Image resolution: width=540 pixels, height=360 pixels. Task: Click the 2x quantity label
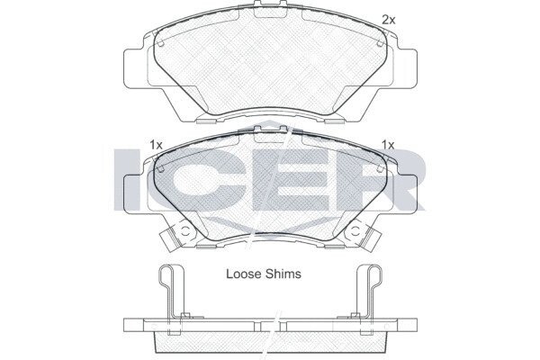tap(389, 21)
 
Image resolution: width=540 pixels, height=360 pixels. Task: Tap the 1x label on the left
tap(156, 145)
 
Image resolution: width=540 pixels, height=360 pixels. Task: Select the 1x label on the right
tap(388, 145)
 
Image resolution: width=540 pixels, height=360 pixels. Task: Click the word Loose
tap(244, 274)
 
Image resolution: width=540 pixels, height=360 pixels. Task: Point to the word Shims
tap(283, 274)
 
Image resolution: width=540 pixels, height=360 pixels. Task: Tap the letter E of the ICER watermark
tap(289, 179)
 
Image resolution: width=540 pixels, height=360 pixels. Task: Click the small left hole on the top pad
tap(161, 43)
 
